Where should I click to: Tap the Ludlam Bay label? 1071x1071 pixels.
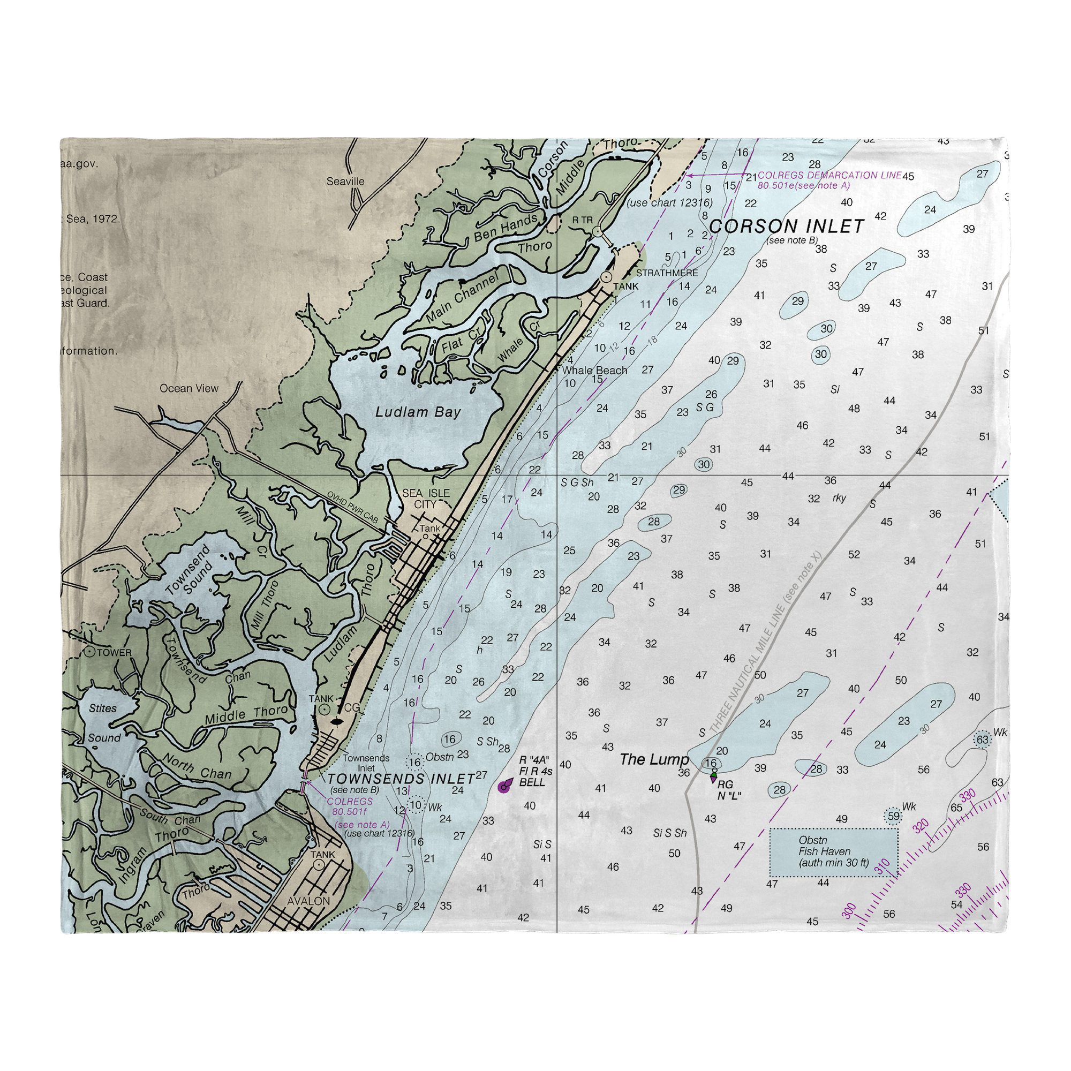coord(418,412)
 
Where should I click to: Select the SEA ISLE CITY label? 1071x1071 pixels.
coord(426,499)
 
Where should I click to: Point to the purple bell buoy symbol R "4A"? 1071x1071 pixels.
coord(504,787)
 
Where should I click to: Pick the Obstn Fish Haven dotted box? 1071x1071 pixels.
coord(833,852)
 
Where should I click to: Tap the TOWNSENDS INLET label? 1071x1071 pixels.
coord(401,778)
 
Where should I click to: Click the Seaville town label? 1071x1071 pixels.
coord(345,182)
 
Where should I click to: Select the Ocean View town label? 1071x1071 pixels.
coord(189,388)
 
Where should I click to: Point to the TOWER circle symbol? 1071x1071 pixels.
coord(89,652)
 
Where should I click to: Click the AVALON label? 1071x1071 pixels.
coord(309,901)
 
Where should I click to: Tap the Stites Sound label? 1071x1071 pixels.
coord(104,723)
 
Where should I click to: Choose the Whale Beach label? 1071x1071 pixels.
coord(594,371)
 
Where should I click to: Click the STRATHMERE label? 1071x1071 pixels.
coord(666,273)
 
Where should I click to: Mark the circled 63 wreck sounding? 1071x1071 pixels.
coord(982,740)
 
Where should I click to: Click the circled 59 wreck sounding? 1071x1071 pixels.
coord(893,816)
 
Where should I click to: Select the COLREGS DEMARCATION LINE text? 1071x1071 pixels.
coord(829,175)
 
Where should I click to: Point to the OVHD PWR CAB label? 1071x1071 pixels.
coord(352,507)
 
